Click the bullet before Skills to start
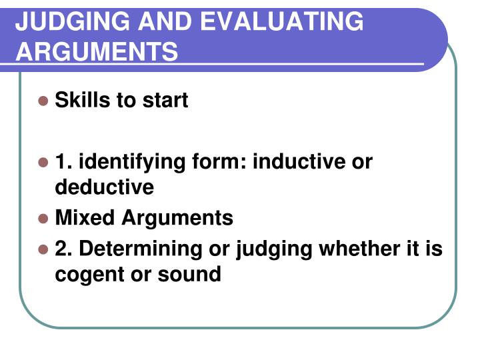click(43, 101)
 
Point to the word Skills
click(77, 100)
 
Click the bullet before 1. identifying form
click(43, 163)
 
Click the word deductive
click(104, 187)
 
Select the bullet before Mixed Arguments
click(43, 219)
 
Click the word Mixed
click(81, 217)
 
